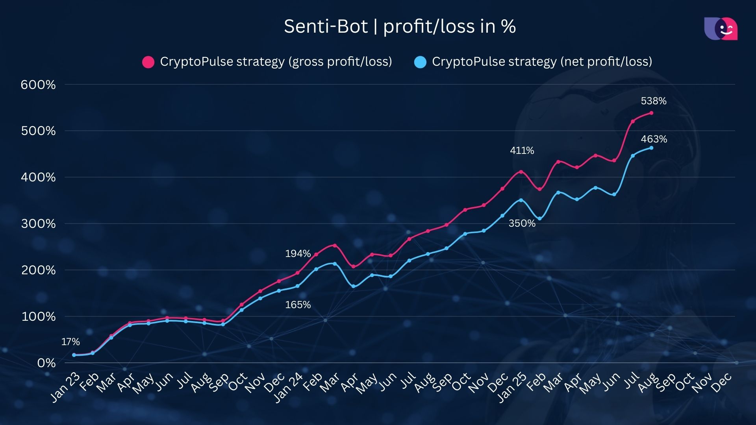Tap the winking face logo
pyautogui.click(x=721, y=29)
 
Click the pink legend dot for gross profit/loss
pyautogui.click(x=148, y=62)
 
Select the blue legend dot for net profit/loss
pyautogui.click(x=421, y=62)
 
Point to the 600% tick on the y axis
pyautogui.click(x=38, y=85)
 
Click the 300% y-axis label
pyautogui.click(x=38, y=224)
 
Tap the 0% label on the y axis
pyautogui.click(x=46, y=363)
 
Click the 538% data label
pyautogui.click(x=654, y=101)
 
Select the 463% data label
pyautogui.click(x=654, y=139)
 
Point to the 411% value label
pyautogui.click(x=522, y=150)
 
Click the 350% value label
pyautogui.click(x=522, y=223)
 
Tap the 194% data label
pyautogui.click(x=298, y=253)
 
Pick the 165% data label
pyautogui.click(x=298, y=305)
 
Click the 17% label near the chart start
pyautogui.click(x=70, y=342)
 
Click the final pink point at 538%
pyautogui.click(x=651, y=113)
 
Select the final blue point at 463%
pyautogui.click(x=651, y=148)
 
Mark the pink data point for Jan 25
pyautogui.click(x=521, y=172)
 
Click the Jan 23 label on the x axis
pyautogui.click(x=65, y=387)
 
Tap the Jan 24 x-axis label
pyautogui.click(x=288, y=387)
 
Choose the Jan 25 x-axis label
pyautogui.click(x=512, y=387)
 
